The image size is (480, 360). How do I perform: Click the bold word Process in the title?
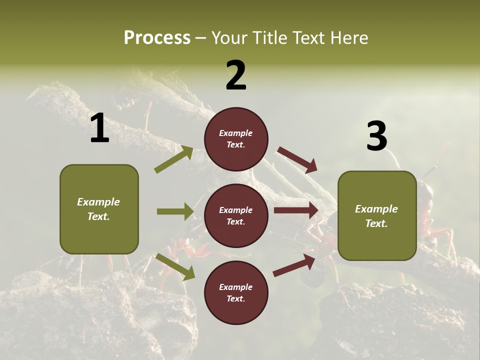(157, 37)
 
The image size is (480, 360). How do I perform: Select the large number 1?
(99, 128)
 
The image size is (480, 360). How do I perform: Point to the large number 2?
(236, 75)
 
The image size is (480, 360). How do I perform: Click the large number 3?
(376, 136)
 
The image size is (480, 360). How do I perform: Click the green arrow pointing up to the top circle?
(174, 159)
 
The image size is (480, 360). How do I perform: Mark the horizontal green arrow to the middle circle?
(175, 211)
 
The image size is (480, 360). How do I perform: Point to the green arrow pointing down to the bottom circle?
(175, 266)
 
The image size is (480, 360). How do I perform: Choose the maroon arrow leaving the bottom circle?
(294, 265)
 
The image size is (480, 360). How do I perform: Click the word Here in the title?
(347, 37)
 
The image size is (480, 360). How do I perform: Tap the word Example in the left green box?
(98, 202)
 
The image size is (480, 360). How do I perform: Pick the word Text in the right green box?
(376, 223)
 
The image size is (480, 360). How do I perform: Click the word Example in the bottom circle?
(235, 287)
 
